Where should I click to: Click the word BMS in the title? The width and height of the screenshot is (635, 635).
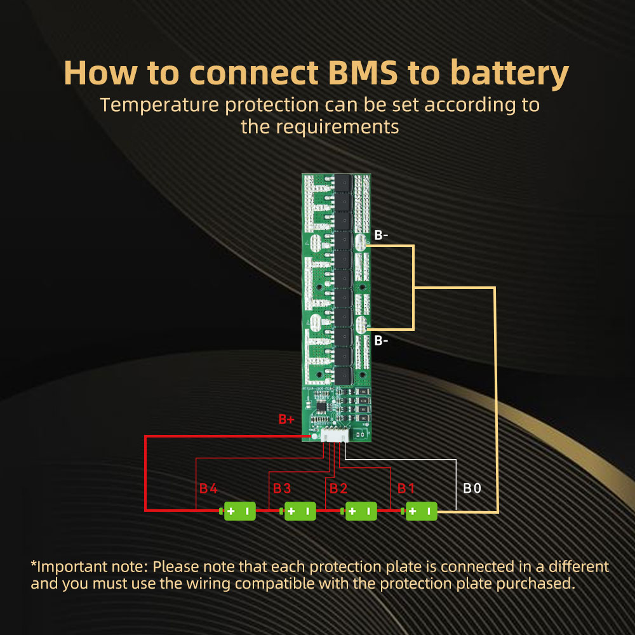click(363, 73)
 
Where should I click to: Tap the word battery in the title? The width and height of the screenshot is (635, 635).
click(510, 74)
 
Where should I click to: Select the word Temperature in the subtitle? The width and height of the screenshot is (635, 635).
click(159, 105)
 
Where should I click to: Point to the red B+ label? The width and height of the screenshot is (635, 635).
click(286, 419)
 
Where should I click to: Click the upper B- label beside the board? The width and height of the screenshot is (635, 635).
click(381, 235)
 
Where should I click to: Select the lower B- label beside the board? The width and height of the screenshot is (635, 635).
click(381, 340)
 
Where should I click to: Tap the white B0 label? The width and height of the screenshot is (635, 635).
click(472, 488)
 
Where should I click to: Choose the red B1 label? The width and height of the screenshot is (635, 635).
click(406, 488)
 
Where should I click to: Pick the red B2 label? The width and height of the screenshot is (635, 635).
click(338, 488)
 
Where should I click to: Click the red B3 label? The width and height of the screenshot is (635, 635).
click(282, 488)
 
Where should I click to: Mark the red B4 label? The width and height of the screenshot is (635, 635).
click(208, 488)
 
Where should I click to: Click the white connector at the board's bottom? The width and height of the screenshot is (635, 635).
click(335, 436)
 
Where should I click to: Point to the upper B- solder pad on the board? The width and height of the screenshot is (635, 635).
click(360, 243)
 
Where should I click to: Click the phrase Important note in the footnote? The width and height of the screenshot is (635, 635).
click(89, 567)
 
